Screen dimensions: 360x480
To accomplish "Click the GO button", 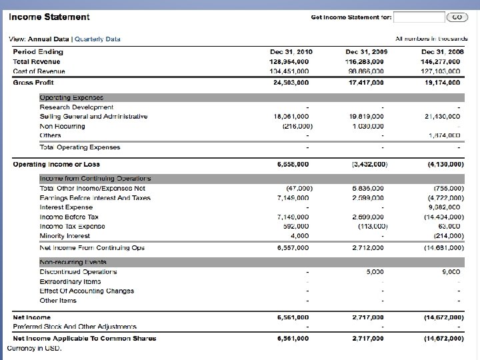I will click(457, 17).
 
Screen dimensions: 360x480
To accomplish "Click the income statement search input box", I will click(419, 17).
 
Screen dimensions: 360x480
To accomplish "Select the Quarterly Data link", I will click(98, 39).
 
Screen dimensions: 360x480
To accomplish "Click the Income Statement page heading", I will click(49, 17).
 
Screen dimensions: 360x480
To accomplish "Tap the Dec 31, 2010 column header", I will click(291, 51).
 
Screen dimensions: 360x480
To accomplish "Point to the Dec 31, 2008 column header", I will click(441, 51).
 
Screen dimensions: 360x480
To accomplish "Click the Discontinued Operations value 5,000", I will click(375, 271).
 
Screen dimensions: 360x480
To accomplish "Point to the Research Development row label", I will click(77, 107).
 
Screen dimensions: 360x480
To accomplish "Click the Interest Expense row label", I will click(66, 207).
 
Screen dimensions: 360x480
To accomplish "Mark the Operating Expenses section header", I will click(71, 97).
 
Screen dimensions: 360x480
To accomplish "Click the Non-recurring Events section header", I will click(73, 262).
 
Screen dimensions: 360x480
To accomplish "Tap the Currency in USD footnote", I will click(35, 348).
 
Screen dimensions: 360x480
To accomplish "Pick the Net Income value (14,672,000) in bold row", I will click(443, 317).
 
